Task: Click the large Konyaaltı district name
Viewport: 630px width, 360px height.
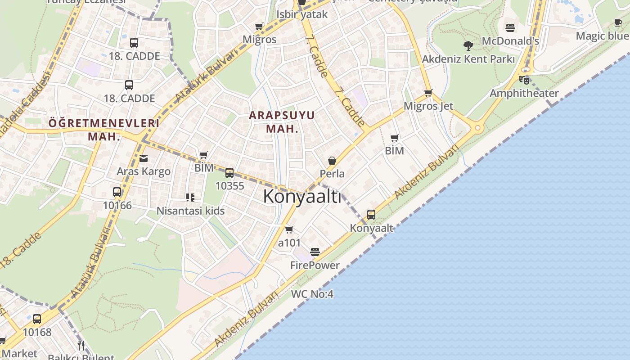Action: coord(302,197)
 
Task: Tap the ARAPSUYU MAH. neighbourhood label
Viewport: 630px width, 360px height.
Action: coord(282,121)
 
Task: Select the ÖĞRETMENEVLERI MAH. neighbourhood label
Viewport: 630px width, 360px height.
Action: coord(104,130)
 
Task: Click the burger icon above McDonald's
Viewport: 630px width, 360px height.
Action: coord(510,28)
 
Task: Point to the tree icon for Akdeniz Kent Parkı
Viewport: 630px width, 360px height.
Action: coord(468,45)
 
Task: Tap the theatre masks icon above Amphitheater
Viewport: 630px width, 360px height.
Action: coord(524,80)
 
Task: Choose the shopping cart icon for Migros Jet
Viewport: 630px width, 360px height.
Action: coord(428,93)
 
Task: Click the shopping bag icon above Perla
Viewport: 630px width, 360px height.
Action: coord(332,161)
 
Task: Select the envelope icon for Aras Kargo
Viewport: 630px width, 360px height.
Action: coord(144,158)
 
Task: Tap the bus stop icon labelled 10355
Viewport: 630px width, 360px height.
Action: coord(229,173)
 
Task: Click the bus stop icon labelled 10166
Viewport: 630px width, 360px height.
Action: coord(117,193)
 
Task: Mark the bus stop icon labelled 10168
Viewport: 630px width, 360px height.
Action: coord(37,319)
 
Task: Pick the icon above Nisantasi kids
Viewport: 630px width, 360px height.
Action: coord(190,198)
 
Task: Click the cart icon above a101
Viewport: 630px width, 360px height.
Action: coord(289,230)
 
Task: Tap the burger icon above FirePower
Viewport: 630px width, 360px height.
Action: coord(315,252)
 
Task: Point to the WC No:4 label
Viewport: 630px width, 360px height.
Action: coord(312,294)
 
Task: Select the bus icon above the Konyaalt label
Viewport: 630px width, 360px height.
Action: coord(371,215)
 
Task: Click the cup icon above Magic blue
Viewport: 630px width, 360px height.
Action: coord(619,23)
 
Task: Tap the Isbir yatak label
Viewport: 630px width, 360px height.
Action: coord(302,14)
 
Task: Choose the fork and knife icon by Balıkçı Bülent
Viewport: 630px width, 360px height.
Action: coord(81,346)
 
